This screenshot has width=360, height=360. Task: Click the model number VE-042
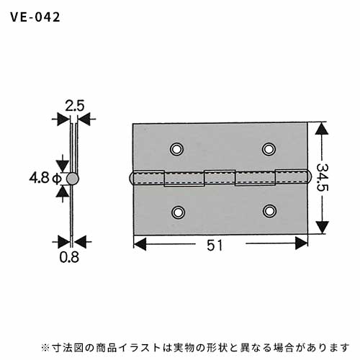35,17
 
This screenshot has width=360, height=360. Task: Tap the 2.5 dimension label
75,106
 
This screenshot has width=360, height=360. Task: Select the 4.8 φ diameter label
45,179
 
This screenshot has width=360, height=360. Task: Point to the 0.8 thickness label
69,257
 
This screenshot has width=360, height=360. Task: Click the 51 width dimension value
215,246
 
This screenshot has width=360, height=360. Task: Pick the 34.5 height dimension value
322,177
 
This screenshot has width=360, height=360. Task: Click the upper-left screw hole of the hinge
176,149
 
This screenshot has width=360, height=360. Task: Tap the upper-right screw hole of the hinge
269,149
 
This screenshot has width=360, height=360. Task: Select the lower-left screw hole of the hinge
178,212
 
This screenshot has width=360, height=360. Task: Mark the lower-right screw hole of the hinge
269,211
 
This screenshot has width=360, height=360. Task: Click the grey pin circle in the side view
73,179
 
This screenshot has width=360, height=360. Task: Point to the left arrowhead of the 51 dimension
140,244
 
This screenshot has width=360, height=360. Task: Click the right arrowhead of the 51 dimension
302,243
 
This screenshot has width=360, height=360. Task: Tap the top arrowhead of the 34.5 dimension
322,129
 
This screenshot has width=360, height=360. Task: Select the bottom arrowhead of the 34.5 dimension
322,227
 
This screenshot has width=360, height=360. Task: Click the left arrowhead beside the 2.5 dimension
63,120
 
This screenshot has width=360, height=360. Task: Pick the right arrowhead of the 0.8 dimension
80,242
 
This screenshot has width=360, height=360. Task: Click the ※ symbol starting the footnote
45,348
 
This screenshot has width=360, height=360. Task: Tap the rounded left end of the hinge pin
132,178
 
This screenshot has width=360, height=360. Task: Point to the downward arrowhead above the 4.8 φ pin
63,166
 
